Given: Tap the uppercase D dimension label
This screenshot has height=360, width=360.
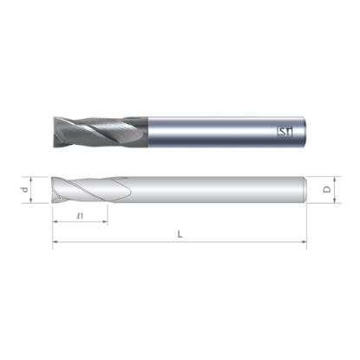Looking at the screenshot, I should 329,188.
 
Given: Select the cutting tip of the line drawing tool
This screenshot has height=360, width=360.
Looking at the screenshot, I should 54,189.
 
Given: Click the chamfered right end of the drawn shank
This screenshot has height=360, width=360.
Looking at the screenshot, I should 305,189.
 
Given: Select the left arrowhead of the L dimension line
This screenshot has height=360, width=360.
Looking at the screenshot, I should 56,243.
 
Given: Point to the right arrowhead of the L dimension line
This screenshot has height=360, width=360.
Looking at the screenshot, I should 304,243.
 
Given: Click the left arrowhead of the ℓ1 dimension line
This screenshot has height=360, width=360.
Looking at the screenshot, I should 56,220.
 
